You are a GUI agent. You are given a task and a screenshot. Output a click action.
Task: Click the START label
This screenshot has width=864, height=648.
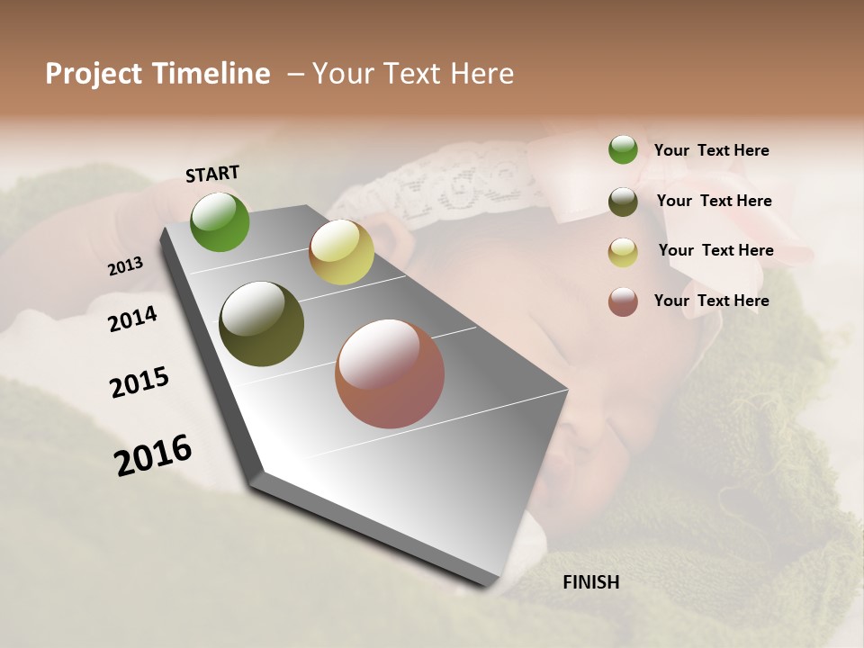pyautogui.click(x=212, y=174)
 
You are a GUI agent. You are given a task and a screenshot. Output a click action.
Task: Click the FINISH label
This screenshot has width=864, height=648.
pyautogui.click(x=590, y=582)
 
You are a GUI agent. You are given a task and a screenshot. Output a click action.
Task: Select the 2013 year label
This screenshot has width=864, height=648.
pyautogui.click(x=126, y=266)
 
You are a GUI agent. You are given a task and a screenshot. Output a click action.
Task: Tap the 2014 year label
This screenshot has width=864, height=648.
pyautogui.click(x=133, y=319)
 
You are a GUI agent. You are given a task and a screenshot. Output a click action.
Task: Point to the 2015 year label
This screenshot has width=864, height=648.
pyautogui.click(x=139, y=382)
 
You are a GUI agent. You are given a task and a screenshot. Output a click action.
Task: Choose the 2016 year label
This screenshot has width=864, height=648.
pyautogui.click(x=153, y=455)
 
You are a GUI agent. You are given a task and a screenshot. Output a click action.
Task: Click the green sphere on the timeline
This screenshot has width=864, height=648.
pyautogui.click(x=220, y=221)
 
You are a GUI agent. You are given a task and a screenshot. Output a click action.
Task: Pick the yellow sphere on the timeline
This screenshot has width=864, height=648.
pyautogui.click(x=341, y=252)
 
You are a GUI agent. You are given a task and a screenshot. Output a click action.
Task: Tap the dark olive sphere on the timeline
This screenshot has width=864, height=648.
pyautogui.click(x=261, y=324)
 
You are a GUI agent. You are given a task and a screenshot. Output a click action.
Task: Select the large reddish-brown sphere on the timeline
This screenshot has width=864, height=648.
pyautogui.click(x=390, y=373)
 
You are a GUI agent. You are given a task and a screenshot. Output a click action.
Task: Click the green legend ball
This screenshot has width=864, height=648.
pyautogui.click(x=623, y=149)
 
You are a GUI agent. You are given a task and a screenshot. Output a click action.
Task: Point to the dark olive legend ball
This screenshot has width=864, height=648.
pyautogui.click(x=623, y=202)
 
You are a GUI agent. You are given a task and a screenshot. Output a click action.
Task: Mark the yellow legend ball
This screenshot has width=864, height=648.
pyautogui.click(x=623, y=252)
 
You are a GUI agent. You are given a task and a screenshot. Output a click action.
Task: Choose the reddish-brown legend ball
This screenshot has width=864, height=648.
pyautogui.click(x=623, y=301)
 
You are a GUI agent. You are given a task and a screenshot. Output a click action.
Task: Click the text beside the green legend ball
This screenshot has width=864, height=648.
pyautogui.click(x=711, y=151)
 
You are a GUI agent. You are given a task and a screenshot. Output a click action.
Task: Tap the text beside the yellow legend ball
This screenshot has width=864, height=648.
pyautogui.click(x=715, y=250)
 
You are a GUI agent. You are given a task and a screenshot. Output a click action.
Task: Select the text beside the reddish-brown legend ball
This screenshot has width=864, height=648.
pyautogui.click(x=711, y=301)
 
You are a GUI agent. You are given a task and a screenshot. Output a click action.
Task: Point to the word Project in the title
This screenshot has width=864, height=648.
pyautogui.click(x=94, y=74)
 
